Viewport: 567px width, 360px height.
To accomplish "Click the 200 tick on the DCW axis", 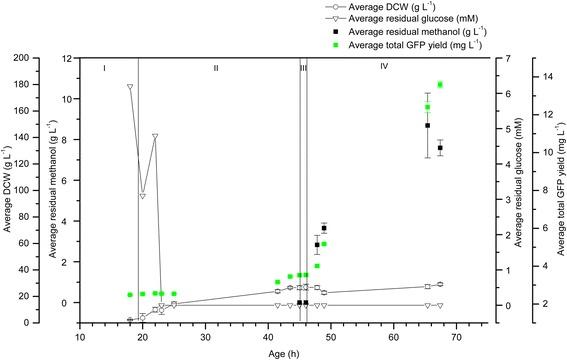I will tap(20, 59).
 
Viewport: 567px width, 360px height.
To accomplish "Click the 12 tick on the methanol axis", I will tap(66, 59).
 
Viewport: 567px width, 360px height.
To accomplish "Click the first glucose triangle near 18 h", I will tap(130, 86).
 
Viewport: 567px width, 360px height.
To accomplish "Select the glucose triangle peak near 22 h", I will tap(155, 136).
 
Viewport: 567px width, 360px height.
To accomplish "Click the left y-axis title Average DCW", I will tap(8, 190).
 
